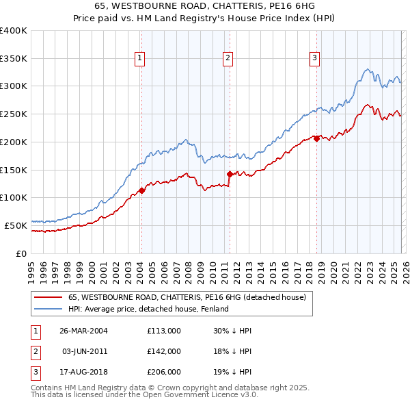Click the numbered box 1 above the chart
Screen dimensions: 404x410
tap(139, 59)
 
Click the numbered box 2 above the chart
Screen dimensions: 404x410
tap(227, 59)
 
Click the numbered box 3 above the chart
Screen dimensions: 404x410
tap(314, 59)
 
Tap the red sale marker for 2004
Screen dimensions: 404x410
tap(141, 190)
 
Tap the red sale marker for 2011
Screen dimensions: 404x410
tap(229, 174)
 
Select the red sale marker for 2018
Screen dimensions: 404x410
tap(316, 138)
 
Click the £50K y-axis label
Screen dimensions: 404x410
tap(16, 225)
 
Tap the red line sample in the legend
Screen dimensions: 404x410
tap(48, 298)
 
